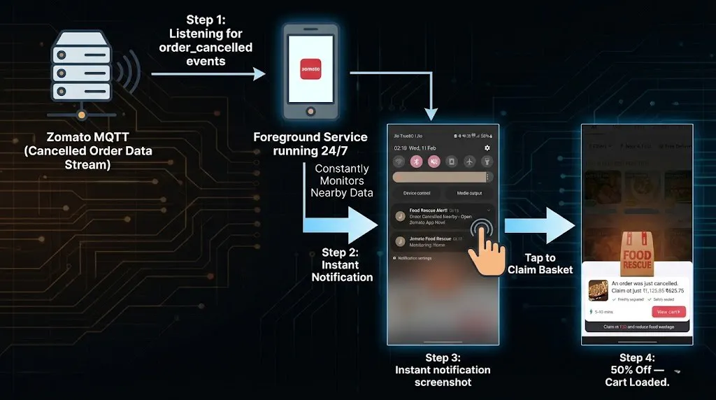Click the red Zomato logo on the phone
[310, 69]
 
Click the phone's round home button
[310, 113]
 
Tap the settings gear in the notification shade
[487, 148]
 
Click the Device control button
[417, 194]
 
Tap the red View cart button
[668, 312]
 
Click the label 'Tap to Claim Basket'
[540, 264]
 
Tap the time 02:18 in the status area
[401, 148]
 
